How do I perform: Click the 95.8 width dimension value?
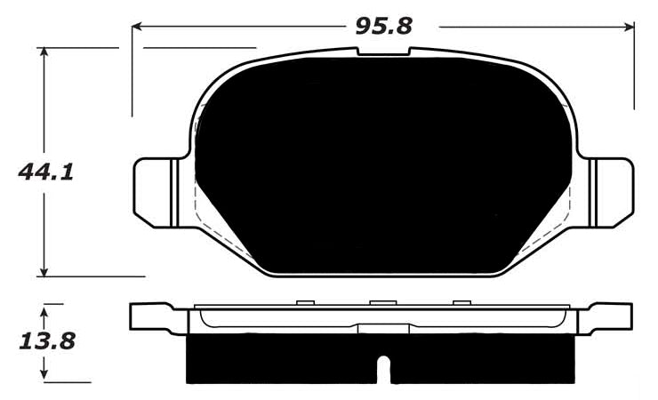click(x=383, y=26)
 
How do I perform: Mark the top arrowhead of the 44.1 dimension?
click(x=44, y=52)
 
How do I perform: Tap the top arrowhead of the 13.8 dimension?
click(x=44, y=308)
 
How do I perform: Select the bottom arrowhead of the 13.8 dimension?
click(x=44, y=377)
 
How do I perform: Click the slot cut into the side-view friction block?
click(x=383, y=368)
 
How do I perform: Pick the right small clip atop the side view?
click(x=461, y=304)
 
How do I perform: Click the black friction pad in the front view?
click(x=382, y=169)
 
